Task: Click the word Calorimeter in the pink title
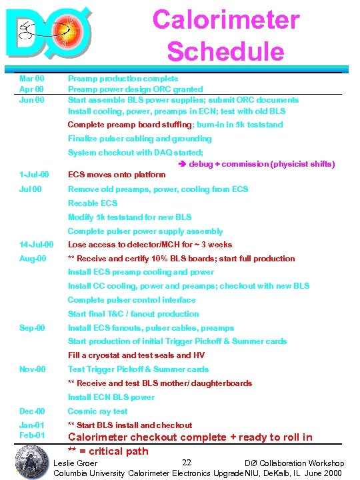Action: pyautogui.click(x=226, y=19)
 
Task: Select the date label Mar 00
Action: pyautogui.click(x=31, y=79)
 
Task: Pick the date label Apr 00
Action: pyautogui.click(x=31, y=89)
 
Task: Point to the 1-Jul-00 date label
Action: pyautogui.click(x=34, y=175)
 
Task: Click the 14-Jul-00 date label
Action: pyautogui.click(x=37, y=245)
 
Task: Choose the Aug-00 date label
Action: pyautogui.click(x=32, y=258)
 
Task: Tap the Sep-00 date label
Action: pyautogui.click(x=32, y=328)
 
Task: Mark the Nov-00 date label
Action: pyautogui.click(x=33, y=369)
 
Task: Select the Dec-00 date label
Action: pyautogui.click(x=32, y=411)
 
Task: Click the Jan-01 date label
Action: pyautogui.click(x=32, y=425)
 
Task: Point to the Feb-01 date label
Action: pyautogui.click(x=32, y=435)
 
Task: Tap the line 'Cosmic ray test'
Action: pyautogui.click(x=97, y=411)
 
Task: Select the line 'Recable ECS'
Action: pyautogui.click(x=93, y=203)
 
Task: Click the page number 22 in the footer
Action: pyautogui.click(x=187, y=463)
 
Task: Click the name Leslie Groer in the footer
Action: pyautogui.click(x=75, y=463)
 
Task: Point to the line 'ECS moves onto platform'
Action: pyautogui.click(x=117, y=175)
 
